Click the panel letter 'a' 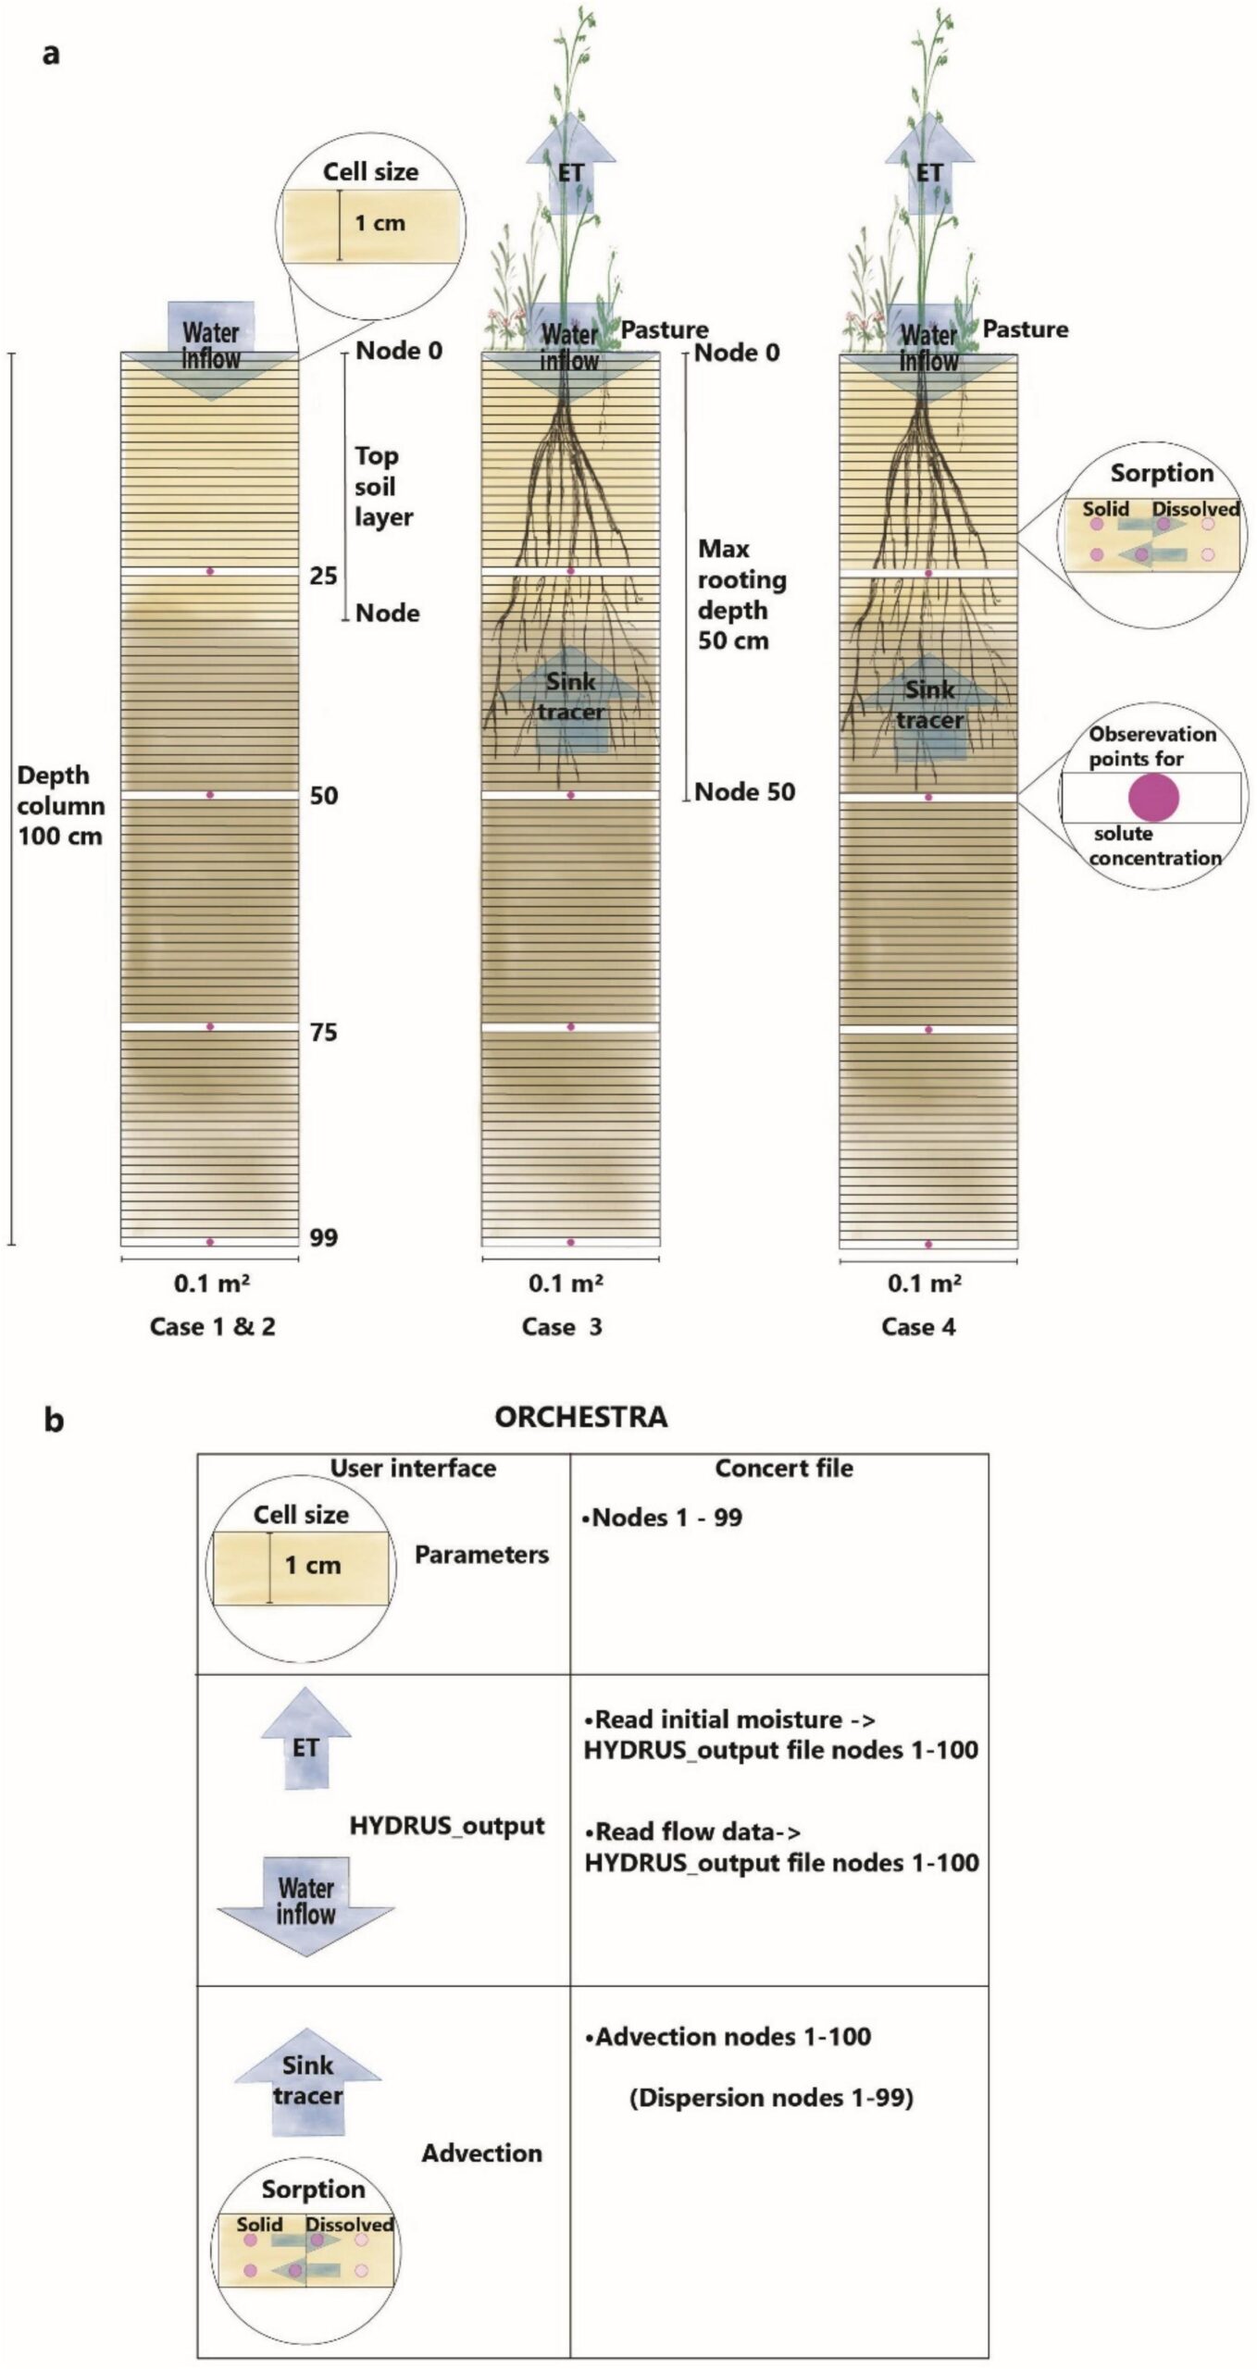pyautogui.click(x=51, y=54)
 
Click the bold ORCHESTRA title pyautogui.click(x=581, y=1417)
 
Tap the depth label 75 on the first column pyautogui.click(x=324, y=1033)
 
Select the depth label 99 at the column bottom pyautogui.click(x=324, y=1237)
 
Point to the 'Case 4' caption pyautogui.click(x=918, y=1327)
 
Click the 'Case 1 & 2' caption pyautogui.click(x=213, y=1327)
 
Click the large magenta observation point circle pyautogui.click(x=1153, y=798)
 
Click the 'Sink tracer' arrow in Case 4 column pyautogui.click(x=929, y=706)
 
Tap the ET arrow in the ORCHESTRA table pyautogui.click(x=305, y=1738)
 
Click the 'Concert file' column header pyautogui.click(x=784, y=1469)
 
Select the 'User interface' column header pyautogui.click(x=413, y=1469)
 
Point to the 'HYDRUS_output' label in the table pyautogui.click(x=447, y=1826)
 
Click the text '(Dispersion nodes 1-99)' pyautogui.click(x=771, y=2097)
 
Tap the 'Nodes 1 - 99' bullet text pyautogui.click(x=662, y=1518)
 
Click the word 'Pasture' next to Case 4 pyautogui.click(x=1025, y=329)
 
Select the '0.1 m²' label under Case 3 pyautogui.click(x=566, y=1284)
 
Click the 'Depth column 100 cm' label pyautogui.click(x=61, y=805)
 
